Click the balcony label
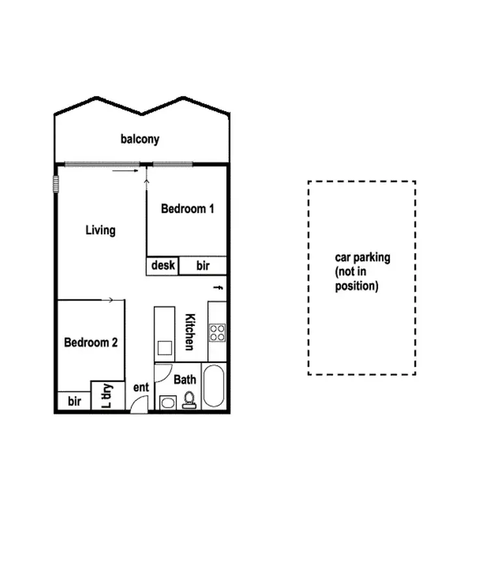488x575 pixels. click(x=140, y=139)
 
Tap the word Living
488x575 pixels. click(x=101, y=230)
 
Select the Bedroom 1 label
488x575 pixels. click(x=187, y=209)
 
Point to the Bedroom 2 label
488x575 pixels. click(x=90, y=342)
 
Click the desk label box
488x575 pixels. click(x=163, y=265)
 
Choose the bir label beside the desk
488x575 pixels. click(x=203, y=265)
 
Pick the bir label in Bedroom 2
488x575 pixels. click(x=74, y=401)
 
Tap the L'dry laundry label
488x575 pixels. click(x=107, y=395)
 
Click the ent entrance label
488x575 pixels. click(x=141, y=388)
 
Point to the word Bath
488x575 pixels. click(x=185, y=379)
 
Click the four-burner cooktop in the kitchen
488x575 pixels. click(x=217, y=333)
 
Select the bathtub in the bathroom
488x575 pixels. click(x=214, y=388)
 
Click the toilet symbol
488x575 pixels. click(x=189, y=399)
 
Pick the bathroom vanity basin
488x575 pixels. click(x=167, y=402)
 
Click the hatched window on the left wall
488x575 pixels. click(x=56, y=184)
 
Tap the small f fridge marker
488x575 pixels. click(x=219, y=287)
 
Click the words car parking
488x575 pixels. click(x=362, y=258)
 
